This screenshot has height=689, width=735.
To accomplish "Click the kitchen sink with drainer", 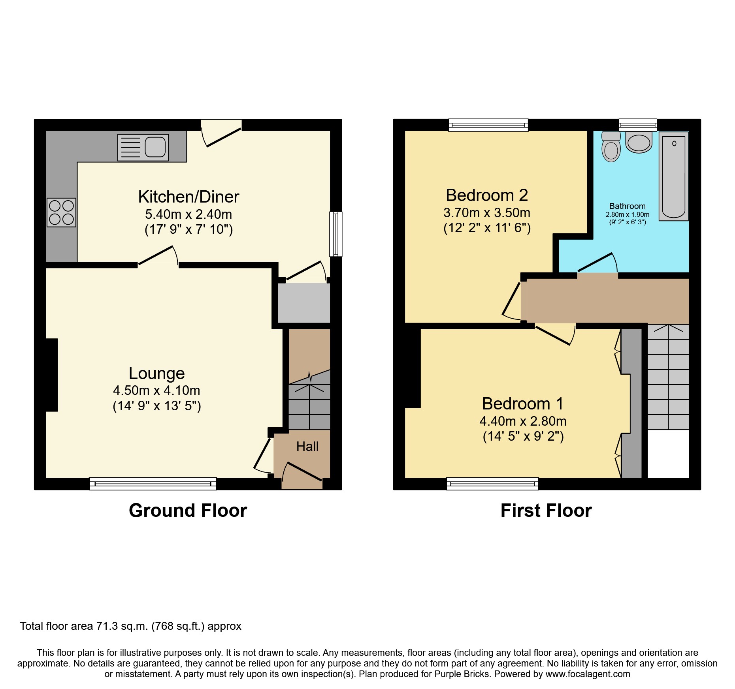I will tap(143, 148).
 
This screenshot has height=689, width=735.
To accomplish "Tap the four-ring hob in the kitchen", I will tap(61, 212).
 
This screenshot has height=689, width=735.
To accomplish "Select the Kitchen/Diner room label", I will tap(188, 197).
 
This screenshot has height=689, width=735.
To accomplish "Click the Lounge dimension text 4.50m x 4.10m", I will tap(156, 390).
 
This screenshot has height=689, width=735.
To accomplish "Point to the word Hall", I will tap(307, 447).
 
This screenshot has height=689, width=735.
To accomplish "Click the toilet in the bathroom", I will tap(611, 147).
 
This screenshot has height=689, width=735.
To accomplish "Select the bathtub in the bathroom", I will tap(673, 176).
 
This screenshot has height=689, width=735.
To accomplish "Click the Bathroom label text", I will tap(627, 206).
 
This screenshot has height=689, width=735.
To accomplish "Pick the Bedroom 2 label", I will tap(486, 195).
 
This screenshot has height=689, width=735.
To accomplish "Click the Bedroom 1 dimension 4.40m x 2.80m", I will tap(523, 421).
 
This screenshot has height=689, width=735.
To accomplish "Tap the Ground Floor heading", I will tap(188, 511).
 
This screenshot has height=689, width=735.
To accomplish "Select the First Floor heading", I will tap(546, 511).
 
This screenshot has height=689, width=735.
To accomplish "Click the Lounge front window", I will tap(153, 483).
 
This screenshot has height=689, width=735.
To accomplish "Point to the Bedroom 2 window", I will tap(488, 125).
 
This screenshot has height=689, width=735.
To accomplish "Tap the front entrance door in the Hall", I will tap(302, 472).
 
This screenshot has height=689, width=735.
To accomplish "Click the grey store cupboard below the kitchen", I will tap(303, 303).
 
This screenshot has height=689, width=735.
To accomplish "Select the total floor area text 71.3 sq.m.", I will tap(130, 626).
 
